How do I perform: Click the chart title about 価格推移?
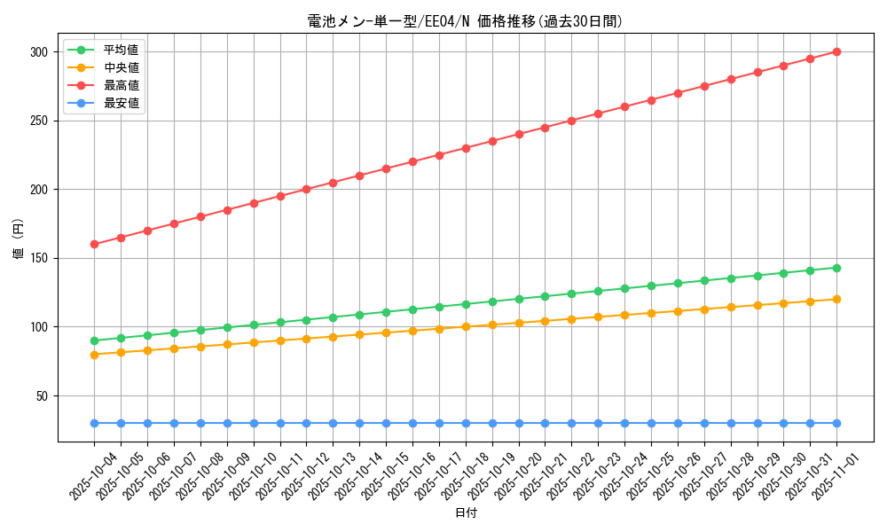pyautogui.click(x=466, y=21)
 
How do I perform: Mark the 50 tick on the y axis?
pyautogui.click(x=41, y=396)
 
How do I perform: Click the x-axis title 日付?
pyautogui.click(x=466, y=513)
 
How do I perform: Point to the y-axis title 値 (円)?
pyautogui.click(x=19, y=239)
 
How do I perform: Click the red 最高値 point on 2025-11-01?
pyautogui.click(x=836, y=51)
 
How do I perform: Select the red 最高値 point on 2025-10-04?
pyautogui.click(x=94, y=244)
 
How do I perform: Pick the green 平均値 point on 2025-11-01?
pyautogui.click(x=836, y=268)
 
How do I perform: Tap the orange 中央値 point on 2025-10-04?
pyautogui.click(x=94, y=355)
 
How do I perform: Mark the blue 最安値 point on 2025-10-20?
pyautogui.click(x=519, y=423)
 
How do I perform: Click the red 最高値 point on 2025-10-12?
pyautogui.click(x=306, y=189)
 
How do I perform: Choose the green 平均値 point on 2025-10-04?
pyautogui.click(x=94, y=340)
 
